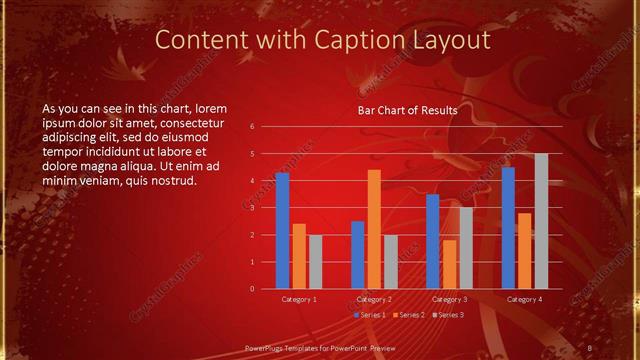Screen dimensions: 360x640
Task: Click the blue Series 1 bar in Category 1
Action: tap(282, 231)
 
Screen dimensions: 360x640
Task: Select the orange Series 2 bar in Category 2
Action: tap(374, 229)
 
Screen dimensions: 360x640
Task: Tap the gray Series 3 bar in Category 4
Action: tap(541, 221)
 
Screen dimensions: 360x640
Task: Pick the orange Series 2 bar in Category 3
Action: tap(449, 264)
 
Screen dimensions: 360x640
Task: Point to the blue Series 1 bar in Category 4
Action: tap(508, 228)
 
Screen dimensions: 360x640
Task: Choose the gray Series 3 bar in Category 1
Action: tap(315, 262)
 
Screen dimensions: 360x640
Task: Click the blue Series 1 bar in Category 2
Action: tap(357, 255)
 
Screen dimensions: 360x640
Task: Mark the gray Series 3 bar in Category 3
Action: tap(465, 248)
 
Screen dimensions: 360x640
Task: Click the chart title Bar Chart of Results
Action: tap(408, 110)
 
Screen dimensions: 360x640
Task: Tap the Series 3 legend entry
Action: tap(449, 315)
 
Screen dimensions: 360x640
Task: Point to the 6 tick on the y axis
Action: tap(253, 126)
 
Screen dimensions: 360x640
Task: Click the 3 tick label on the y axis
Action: tap(253, 208)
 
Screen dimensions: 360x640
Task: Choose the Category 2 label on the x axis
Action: tap(374, 299)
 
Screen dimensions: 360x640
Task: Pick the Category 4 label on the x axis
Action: tap(525, 299)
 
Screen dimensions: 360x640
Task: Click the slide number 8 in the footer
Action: tap(590, 347)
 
